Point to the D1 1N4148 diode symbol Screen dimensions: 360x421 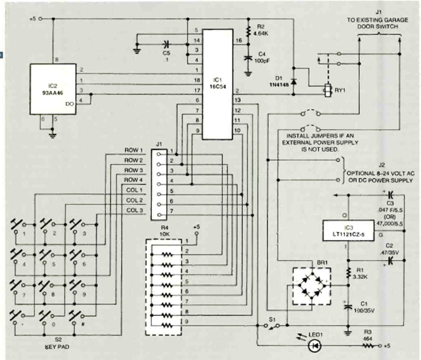point(293,81)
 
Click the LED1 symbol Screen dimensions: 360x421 point(313,346)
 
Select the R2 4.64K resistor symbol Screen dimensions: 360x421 point(248,32)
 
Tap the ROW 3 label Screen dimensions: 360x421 point(133,170)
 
